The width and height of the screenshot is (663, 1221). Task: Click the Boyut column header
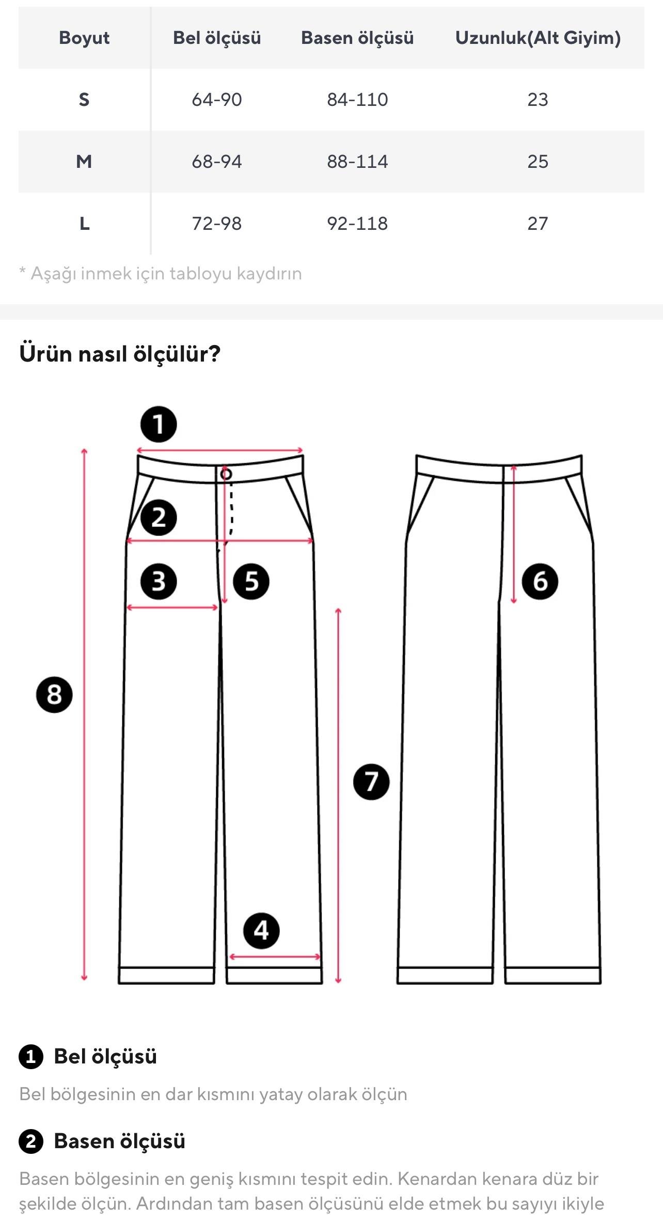[x=84, y=38]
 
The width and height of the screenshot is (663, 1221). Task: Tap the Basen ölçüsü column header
[x=357, y=38]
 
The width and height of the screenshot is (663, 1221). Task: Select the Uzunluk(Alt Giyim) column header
[x=538, y=38]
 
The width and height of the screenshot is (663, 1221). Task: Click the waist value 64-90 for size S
[x=217, y=100]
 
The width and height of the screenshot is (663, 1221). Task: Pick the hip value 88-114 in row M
[x=357, y=162]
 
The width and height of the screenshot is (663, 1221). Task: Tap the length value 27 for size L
[x=538, y=224]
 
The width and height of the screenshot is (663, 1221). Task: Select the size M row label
[x=84, y=162]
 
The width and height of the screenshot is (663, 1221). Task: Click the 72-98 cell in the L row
[x=217, y=224]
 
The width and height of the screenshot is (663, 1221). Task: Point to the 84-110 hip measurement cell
[x=357, y=100]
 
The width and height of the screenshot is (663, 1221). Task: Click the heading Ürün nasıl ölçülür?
[x=120, y=354]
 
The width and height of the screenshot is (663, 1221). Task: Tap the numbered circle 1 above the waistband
[x=159, y=425]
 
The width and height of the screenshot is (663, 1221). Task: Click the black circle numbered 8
[x=54, y=695]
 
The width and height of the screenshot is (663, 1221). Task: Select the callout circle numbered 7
[x=371, y=782]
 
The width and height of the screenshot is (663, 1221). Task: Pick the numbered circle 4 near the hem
[x=261, y=931]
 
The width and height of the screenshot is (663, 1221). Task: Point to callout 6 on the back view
[x=540, y=582]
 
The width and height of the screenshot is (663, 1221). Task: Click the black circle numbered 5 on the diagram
[x=251, y=582]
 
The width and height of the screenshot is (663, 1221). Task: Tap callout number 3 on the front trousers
[x=159, y=582]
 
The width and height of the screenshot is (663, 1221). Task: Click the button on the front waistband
[x=226, y=474]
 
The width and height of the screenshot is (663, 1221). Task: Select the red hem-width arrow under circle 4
[x=275, y=957]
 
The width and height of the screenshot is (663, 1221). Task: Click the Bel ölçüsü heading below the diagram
[x=105, y=1056]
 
